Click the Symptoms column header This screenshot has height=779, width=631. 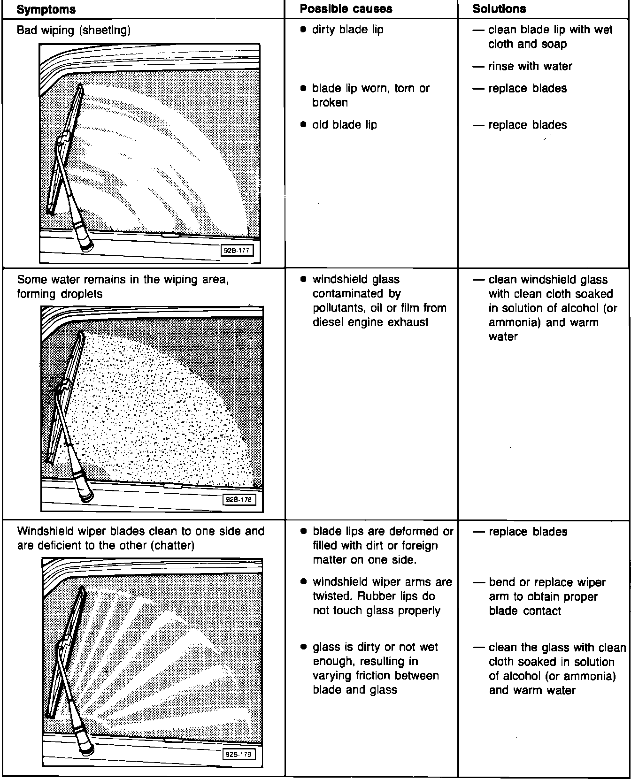[46, 9]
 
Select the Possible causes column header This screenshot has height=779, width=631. [346, 9]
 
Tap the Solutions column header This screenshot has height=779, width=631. [499, 9]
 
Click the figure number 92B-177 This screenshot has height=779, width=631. [237, 251]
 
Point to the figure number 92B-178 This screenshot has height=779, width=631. [239, 500]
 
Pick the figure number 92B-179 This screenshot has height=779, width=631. [239, 754]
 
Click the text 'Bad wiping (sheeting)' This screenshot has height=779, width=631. [74, 31]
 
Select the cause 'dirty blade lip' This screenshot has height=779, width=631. [347, 30]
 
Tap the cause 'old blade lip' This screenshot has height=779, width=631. [344, 125]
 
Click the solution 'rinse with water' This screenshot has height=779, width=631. [530, 66]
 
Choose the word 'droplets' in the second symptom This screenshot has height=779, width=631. [81, 294]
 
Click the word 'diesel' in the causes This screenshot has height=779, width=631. [328, 322]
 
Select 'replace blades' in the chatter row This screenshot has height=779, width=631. [528, 532]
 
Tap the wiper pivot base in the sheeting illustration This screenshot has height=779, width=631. [86, 244]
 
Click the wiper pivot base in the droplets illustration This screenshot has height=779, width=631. [86, 494]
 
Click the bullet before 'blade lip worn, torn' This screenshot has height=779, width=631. [303, 88]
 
